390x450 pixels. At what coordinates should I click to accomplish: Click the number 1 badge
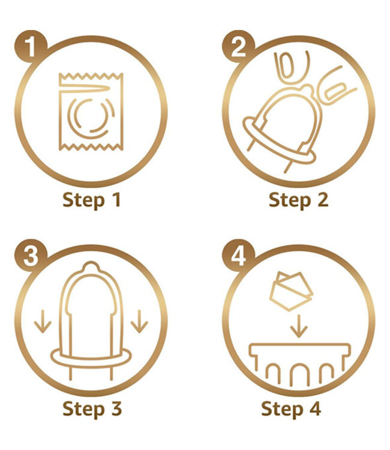[31, 46]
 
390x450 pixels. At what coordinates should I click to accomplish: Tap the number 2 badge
[238, 46]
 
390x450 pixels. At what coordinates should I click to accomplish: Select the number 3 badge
[31, 256]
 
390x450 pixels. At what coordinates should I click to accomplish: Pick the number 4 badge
[238, 256]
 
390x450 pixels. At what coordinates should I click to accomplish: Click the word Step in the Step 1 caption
[83, 200]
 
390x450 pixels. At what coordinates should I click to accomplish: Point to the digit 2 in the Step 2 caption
[322, 199]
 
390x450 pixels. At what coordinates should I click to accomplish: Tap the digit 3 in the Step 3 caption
[115, 409]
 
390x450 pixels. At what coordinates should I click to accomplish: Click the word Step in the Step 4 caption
[282, 410]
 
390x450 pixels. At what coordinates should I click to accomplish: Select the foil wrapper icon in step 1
[91, 112]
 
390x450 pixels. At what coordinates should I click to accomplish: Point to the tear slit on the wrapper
[85, 88]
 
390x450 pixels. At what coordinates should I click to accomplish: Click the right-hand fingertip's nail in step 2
[335, 91]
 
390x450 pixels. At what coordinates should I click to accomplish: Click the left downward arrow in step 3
[43, 321]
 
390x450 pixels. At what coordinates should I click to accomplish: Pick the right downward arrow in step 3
[139, 321]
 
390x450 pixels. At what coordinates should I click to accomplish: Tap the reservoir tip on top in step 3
[91, 266]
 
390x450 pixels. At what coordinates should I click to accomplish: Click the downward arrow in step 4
[299, 326]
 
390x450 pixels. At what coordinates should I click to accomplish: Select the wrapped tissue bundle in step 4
[291, 291]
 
